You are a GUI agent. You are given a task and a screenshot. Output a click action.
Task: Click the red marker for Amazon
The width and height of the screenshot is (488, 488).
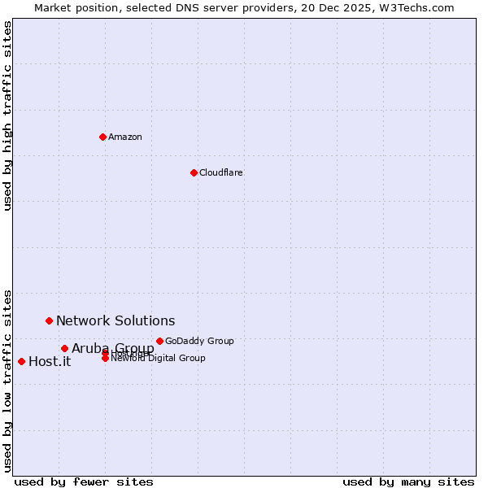pyautogui.click(x=102, y=137)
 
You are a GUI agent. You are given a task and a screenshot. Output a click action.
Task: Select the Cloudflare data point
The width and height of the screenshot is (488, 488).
pyautogui.click(x=194, y=172)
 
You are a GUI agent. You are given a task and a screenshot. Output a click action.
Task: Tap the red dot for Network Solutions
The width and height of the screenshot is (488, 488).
pyautogui.click(x=49, y=320)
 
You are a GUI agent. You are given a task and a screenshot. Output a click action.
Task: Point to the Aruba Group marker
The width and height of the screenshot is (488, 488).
pyautogui.click(x=64, y=348)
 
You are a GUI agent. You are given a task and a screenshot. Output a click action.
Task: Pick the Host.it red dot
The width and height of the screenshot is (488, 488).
pyautogui.click(x=21, y=361)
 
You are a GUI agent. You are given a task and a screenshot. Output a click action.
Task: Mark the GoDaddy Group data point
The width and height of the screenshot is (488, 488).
pyautogui.click(x=159, y=341)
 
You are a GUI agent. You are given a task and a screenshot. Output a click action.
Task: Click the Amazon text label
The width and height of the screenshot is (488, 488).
pyautogui.click(x=125, y=137)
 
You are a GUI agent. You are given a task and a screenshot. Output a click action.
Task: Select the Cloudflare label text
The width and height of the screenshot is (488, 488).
pyautogui.click(x=221, y=172)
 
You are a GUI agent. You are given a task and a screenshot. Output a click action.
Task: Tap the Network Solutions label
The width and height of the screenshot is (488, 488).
pyautogui.click(x=115, y=321)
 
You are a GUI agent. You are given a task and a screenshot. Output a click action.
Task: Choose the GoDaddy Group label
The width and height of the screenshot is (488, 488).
pyautogui.click(x=199, y=342)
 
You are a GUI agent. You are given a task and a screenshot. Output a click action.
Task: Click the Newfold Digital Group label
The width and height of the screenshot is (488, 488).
pyautogui.click(x=159, y=359)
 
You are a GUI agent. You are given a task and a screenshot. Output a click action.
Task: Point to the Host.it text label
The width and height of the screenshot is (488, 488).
pyautogui.click(x=50, y=362)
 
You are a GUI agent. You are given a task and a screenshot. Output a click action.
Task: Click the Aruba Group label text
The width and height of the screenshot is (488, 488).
pyautogui.click(x=113, y=349)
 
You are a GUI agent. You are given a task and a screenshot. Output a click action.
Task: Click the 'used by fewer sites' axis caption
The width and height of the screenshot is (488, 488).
pyautogui.click(x=84, y=481)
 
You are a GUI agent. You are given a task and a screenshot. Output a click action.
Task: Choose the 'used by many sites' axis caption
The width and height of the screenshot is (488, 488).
pyautogui.click(x=408, y=481)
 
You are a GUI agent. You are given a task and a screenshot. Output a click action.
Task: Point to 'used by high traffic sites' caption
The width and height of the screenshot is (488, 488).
pyautogui.click(x=8, y=115)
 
